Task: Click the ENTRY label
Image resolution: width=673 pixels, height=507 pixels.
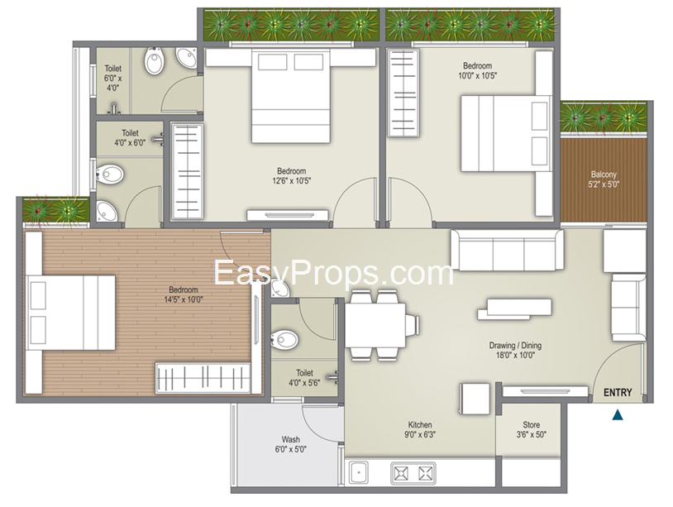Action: (x=618, y=392)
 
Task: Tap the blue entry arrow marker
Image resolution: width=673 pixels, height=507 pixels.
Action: (x=618, y=414)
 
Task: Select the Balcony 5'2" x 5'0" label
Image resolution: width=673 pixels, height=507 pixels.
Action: (x=604, y=179)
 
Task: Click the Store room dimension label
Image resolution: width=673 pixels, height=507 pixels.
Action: (x=531, y=429)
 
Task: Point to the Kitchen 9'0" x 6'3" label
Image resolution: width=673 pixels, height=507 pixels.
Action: (x=420, y=429)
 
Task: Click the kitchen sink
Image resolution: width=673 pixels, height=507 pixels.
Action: (x=358, y=472)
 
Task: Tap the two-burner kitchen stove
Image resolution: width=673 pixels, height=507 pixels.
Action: (x=413, y=473)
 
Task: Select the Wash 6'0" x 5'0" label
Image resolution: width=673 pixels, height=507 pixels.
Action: (x=290, y=444)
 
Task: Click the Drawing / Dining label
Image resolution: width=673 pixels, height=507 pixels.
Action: (x=515, y=345)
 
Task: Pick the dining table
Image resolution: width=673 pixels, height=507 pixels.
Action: (x=375, y=325)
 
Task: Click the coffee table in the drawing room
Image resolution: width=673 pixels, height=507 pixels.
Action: (x=514, y=309)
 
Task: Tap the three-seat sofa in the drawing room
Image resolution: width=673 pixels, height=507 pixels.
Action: (x=507, y=251)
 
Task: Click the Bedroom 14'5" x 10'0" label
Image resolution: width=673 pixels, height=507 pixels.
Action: (x=184, y=294)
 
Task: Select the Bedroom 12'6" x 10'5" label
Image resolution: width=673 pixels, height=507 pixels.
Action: (x=291, y=175)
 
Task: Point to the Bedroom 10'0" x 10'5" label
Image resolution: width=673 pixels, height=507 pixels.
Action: (x=477, y=71)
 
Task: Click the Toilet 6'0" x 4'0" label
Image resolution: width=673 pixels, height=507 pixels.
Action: (x=113, y=78)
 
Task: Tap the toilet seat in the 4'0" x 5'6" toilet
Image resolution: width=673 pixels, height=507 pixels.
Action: (x=284, y=340)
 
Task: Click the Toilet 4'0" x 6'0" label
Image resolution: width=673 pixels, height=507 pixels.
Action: (x=130, y=138)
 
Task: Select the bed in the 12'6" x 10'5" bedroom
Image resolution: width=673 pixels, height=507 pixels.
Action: (x=290, y=96)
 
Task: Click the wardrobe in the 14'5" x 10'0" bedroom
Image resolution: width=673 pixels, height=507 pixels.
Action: (x=203, y=378)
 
